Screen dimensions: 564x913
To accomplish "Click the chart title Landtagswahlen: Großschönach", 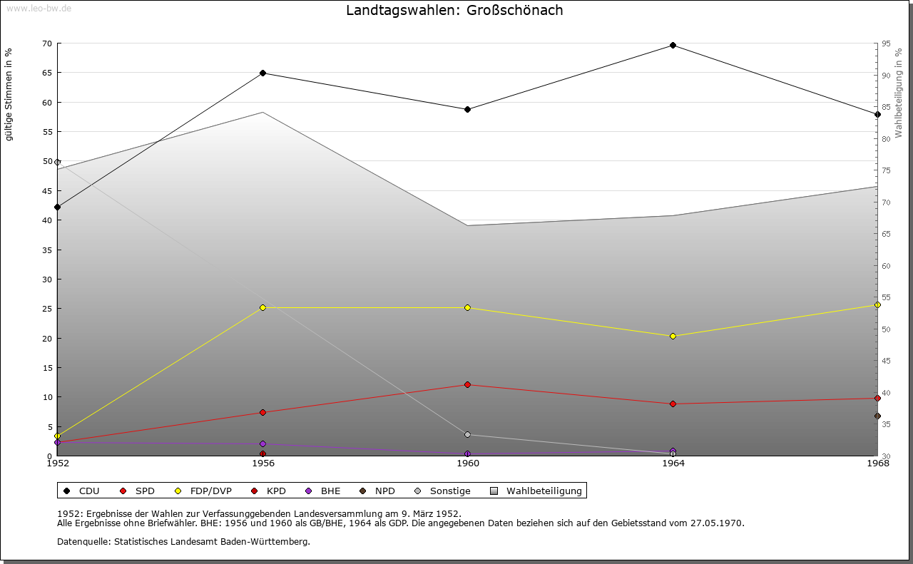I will pyautogui.click(x=454, y=11).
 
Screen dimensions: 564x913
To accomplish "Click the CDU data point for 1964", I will pyautogui.click(x=673, y=46).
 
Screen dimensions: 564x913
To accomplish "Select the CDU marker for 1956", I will pyautogui.click(x=262, y=73).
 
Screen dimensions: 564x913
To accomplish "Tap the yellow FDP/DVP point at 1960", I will pyautogui.click(x=467, y=308).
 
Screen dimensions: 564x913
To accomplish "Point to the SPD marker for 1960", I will pyautogui.click(x=467, y=385).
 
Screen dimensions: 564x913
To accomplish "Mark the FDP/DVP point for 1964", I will pyautogui.click(x=673, y=337).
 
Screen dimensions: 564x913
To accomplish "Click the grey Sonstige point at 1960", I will pyautogui.click(x=467, y=435).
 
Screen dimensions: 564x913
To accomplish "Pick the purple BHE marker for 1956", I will pyautogui.click(x=262, y=444).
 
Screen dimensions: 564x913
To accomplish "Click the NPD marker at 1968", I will pyautogui.click(x=877, y=416).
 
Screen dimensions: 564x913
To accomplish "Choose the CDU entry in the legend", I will pyautogui.click(x=82, y=491).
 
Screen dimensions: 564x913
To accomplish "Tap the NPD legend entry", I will pyautogui.click(x=377, y=491).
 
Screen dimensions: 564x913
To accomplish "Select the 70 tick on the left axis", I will pyautogui.click(x=47, y=43).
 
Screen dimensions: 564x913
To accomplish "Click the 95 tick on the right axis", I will pyautogui.click(x=885, y=43).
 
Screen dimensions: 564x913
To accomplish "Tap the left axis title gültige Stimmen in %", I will pyautogui.click(x=9, y=94).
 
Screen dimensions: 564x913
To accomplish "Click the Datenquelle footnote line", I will pyautogui.click(x=183, y=542).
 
